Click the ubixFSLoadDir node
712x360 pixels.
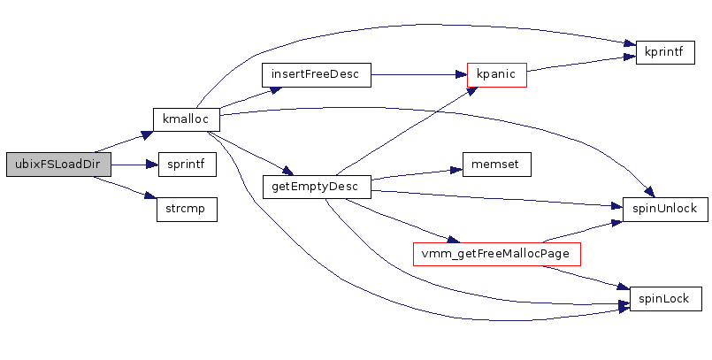[58, 165]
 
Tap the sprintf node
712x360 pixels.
[187, 165]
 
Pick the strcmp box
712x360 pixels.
[187, 210]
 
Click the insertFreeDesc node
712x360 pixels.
[316, 74]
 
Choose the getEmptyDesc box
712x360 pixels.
[316, 187]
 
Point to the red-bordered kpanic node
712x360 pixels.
[497, 74]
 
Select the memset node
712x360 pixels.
[496, 165]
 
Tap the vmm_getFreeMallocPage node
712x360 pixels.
[496, 254]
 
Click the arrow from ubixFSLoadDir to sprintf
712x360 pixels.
[134, 165]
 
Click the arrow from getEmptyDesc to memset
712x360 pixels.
[416, 174]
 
